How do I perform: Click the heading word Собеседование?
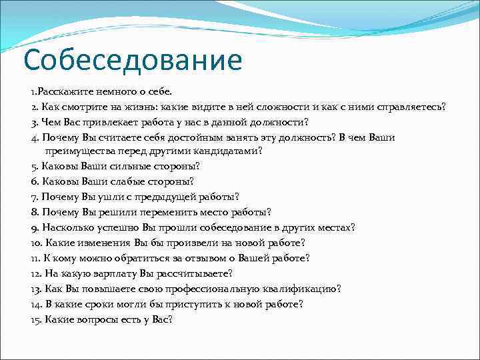point(132,60)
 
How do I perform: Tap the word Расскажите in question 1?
point(61,91)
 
